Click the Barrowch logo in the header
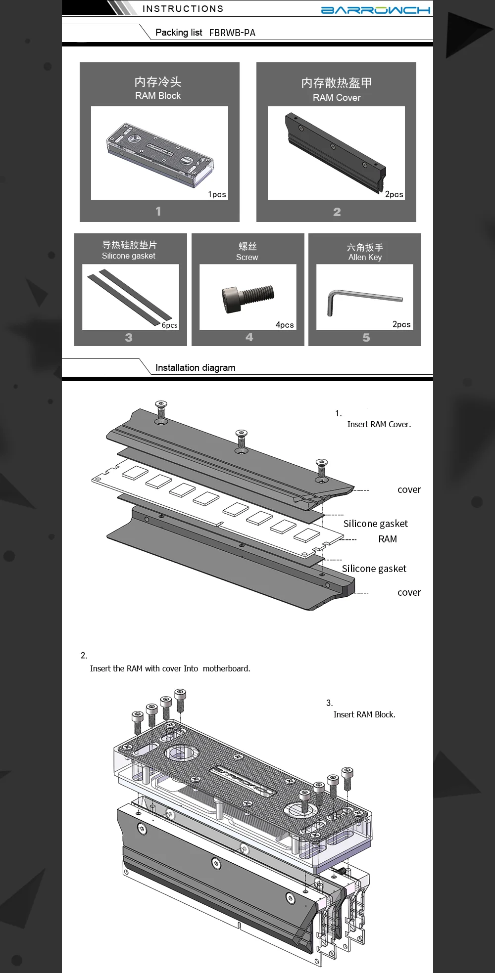click(376, 10)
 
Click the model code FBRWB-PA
click(232, 33)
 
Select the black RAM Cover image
click(336, 151)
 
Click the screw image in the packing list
click(248, 298)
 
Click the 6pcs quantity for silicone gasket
click(169, 325)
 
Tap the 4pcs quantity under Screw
click(285, 325)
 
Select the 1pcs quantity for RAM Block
click(217, 194)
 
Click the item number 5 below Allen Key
click(366, 338)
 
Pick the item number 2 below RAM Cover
click(337, 212)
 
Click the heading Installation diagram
click(196, 368)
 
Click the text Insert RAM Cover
click(379, 424)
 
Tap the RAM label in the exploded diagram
click(388, 539)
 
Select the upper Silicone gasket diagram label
click(376, 524)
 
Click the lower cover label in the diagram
click(409, 592)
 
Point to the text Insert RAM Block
click(364, 714)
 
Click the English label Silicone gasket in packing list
click(129, 256)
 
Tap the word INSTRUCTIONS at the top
click(183, 9)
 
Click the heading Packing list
click(179, 33)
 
